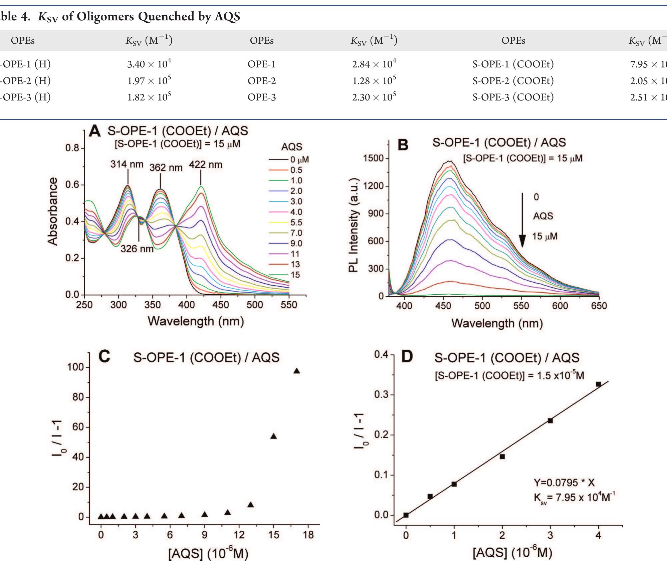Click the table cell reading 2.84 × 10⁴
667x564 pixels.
point(374,64)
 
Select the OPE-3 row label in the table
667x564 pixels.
point(262,97)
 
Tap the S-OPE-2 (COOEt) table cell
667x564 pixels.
point(513,80)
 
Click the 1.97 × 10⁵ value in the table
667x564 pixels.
point(149,80)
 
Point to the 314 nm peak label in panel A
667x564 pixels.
point(127,164)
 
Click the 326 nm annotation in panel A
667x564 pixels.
point(137,249)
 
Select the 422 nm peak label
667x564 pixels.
point(206,165)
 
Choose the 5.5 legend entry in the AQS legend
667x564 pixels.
point(296,222)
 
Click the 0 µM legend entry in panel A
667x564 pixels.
point(299,160)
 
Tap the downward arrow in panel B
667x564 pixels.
point(522,220)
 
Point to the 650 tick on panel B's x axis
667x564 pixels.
point(599,306)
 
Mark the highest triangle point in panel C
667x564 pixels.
point(296,371)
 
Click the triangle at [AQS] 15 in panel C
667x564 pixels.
point(273,436)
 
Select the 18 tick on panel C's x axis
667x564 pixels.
point(308,535)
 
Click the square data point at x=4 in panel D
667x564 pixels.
point(598,384)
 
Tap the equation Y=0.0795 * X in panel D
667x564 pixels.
point(564,482)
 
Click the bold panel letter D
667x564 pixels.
point(407,356)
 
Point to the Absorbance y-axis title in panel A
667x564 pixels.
point(53,211)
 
